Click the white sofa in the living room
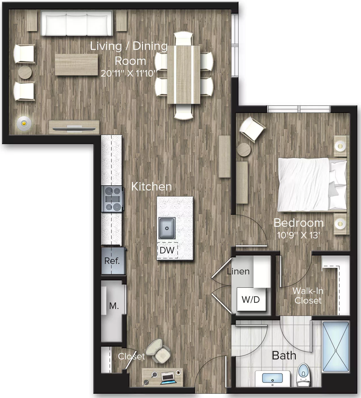(77, 24)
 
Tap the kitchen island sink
(167, 228)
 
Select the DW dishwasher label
(167, 250)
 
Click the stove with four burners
(113, 199)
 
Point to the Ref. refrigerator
(113, 261)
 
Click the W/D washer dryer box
(251, 299)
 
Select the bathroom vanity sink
(272, 378)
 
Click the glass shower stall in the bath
(336, 346)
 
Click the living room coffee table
(76, 65)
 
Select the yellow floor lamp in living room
(24, 123)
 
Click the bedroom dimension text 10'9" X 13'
(298, 235)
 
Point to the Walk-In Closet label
(308, 295)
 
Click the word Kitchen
(151, 187)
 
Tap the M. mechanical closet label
(114, 306)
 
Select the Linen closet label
(238, 271)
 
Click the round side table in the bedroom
(244, 149)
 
